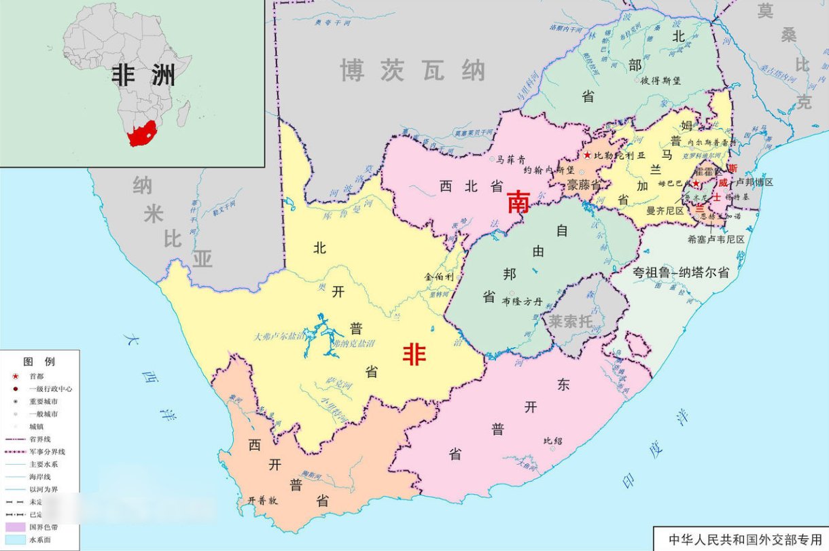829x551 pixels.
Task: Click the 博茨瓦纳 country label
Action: tap(413, 70)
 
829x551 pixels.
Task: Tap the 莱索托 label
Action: tap(571, 321)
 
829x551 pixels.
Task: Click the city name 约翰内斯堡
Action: tap(550, 171)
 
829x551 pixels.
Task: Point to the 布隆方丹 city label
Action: tap(523, 301)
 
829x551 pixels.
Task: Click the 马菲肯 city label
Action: tap(511, 160)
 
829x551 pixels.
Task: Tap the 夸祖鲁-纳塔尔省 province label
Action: tap(681, 272)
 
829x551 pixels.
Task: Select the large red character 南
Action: tap(518, 203)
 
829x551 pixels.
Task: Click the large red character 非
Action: tap(414, 354)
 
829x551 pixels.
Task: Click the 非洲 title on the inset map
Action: tap(143, 75)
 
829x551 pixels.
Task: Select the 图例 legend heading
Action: tap(39, 361)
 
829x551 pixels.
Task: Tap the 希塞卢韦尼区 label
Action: tap(716, 239)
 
